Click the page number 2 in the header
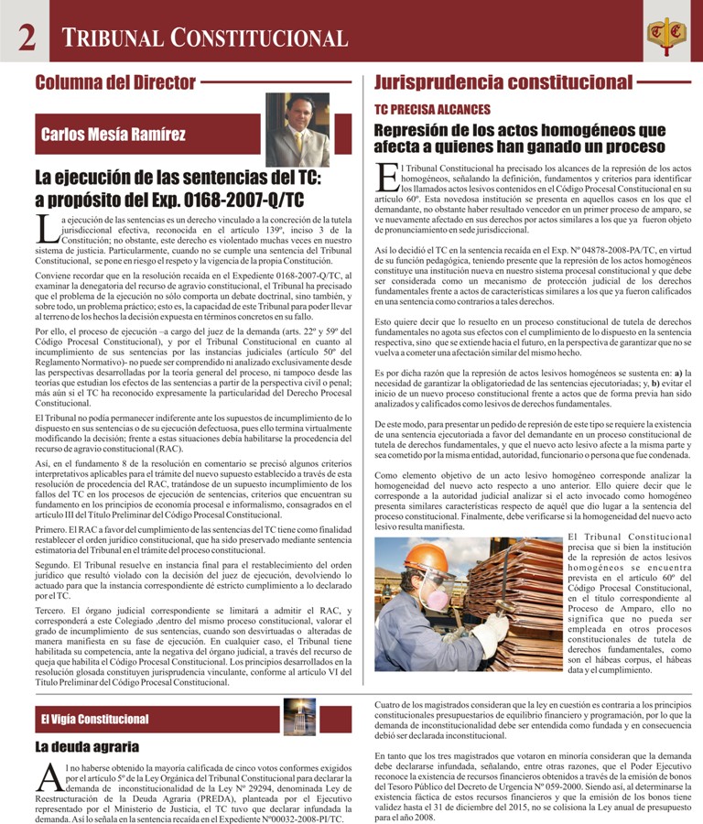27,37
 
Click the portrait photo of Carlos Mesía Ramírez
297,129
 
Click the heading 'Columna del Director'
115,82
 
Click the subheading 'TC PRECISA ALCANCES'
432,109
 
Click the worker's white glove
492,627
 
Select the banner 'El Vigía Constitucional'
94,719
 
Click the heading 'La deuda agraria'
87,746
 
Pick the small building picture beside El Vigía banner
299,716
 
